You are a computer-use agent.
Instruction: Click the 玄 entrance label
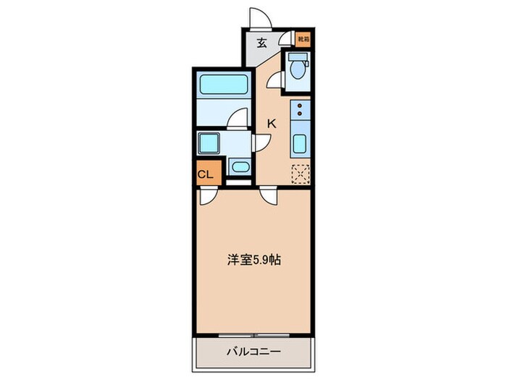pyautogui.click(x=262, y=42)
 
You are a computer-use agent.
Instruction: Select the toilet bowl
pyautogui.click(x=298, y=68)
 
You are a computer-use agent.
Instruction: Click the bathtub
pyautogui.click(x=222, y=86)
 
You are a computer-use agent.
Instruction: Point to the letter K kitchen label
pyautogui.click(x=272, y=123)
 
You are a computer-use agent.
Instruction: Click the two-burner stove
pyautogui.click(x=300, y=110)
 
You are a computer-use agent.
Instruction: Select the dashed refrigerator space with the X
pyautogui.click(x=300, y=174)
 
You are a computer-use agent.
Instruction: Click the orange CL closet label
pyautogui.click(x=205, y=174)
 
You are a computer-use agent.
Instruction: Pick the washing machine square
pyautogui.click(x=210, y=143)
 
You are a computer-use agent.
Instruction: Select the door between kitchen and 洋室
pyautogui.click(x=267, y=195)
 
